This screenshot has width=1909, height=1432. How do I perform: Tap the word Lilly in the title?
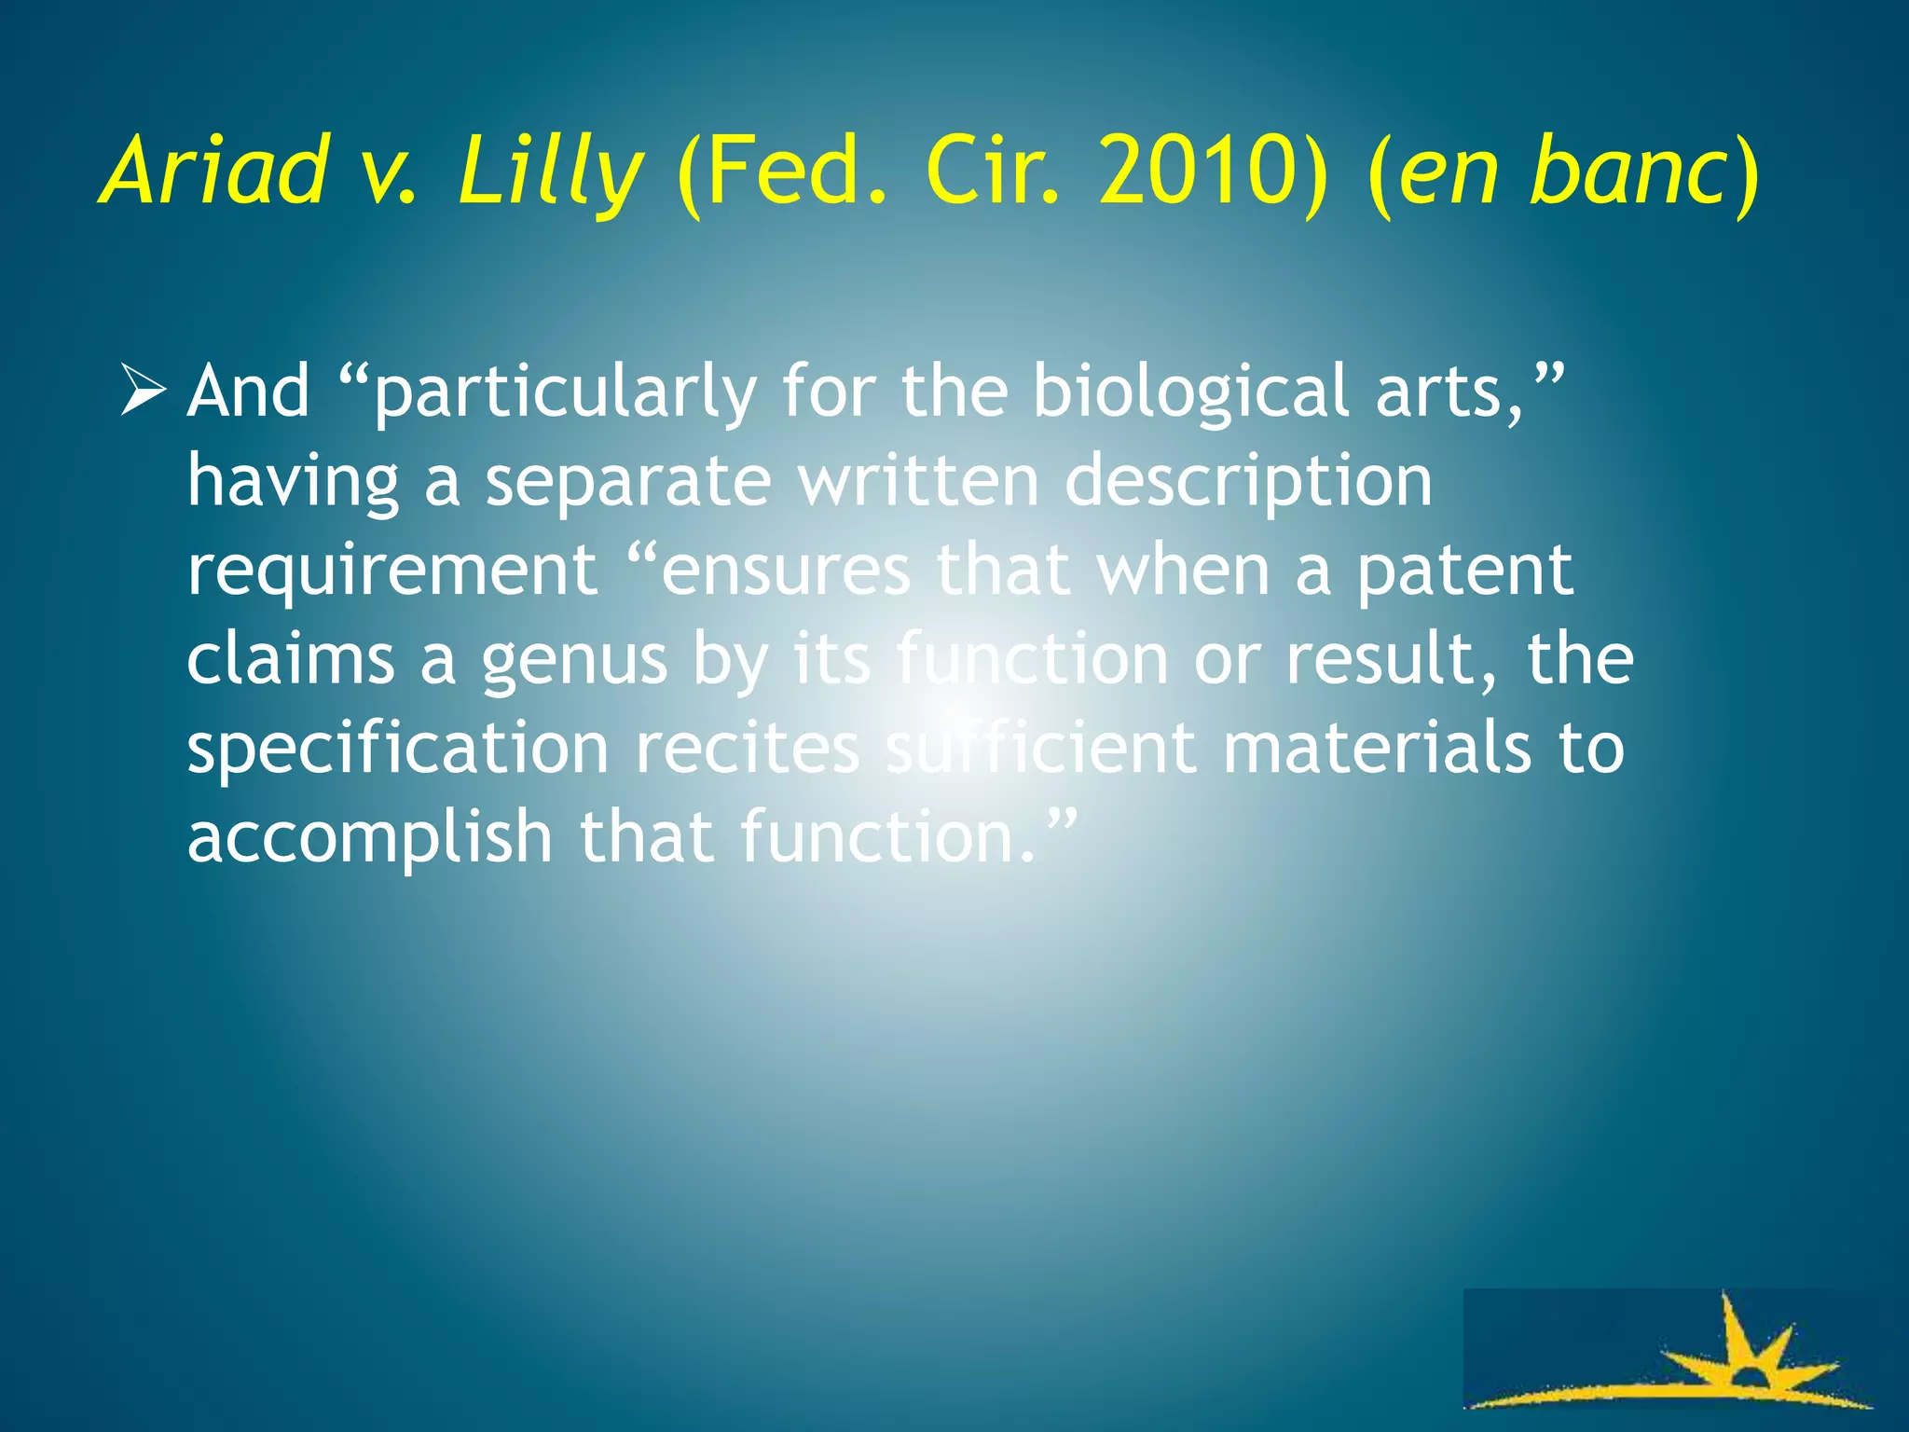point(550,172)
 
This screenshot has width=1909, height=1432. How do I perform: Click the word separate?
point(629,483)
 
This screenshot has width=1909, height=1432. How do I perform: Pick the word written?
point(919,481)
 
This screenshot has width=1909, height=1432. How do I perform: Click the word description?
point(1248,483)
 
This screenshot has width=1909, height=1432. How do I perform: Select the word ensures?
point(784,571)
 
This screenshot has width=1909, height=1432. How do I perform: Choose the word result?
point(1389,658)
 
